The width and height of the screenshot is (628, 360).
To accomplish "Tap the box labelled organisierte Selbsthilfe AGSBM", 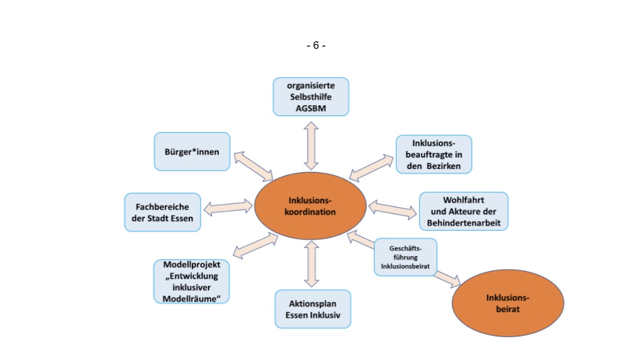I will tap(311, 97).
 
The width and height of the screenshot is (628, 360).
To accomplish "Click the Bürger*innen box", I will tap(192, 151).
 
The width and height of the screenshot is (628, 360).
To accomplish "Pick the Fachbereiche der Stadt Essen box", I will tap(162, 212).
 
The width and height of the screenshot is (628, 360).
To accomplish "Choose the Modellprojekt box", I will tap(191, 282).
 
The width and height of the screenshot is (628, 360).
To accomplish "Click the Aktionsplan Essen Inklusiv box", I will tap(313, 309).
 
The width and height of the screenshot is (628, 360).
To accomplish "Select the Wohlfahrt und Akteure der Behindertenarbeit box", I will tap(463, 211).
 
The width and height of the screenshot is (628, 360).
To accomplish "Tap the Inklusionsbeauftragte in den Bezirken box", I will tap(434, 154).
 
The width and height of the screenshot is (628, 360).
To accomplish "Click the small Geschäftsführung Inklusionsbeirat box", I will tap(405, 257).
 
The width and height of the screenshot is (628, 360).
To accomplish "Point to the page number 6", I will tap(316, 46).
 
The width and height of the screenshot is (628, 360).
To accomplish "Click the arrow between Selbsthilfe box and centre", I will tap(311, 145).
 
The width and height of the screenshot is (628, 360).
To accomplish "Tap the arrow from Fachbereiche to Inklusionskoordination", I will tap(228, 207).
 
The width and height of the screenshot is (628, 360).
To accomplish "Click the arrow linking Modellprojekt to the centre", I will tap(256, 245).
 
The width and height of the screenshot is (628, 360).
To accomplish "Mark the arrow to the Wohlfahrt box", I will tap(393, 209).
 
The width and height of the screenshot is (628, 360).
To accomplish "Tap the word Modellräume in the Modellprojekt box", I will tap(191, 298).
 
